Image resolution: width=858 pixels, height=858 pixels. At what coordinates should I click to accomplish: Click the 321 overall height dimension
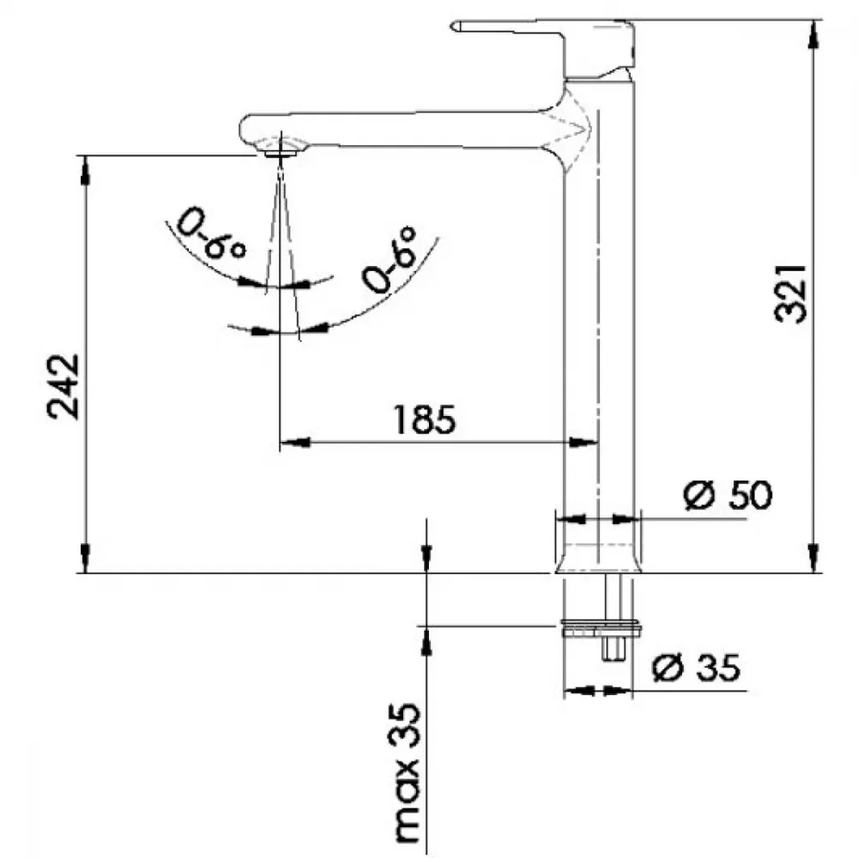click(x=791, y=293)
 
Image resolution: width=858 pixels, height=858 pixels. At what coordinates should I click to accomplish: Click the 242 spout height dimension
click(x=63, y=387)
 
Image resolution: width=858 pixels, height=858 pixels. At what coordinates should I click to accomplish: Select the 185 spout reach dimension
click(x=424, y=420)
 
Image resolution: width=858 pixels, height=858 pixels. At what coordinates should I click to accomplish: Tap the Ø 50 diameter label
click(x=728, y=495)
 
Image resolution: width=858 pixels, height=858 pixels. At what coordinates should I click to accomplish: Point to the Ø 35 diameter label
click(x=697, y=667)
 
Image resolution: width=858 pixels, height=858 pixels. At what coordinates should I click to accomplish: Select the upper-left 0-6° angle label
click(x=210, y=233)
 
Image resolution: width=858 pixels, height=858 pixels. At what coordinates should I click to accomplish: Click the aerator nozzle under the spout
click(x=281, y=154)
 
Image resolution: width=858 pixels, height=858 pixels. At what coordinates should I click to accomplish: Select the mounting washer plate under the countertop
click(x=601, y=629)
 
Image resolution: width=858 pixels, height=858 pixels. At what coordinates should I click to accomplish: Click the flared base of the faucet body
click(x=598, y=559)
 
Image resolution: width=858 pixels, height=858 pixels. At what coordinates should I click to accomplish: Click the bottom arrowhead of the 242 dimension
click(x=85, y=559)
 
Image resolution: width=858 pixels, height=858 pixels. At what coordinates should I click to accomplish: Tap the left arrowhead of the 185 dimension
click(x=295, y=442)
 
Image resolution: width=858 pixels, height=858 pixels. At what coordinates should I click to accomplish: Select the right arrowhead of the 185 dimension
click(x=583, y=442)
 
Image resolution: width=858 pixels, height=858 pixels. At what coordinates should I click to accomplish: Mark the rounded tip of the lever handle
click(x=453, y=26)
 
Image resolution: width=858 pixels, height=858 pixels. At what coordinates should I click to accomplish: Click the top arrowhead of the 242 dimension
click(x=85, y=171)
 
